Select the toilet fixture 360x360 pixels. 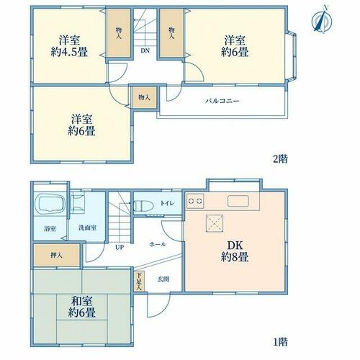pos(143,206)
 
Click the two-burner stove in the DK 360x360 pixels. pos(195,201)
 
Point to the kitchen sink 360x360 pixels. pos(238,201)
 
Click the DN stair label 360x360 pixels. pos(145,50)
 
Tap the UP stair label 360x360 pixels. pos(120,247)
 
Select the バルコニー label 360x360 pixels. pos(222,101)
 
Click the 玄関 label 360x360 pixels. pos(163,279)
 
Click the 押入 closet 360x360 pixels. pos(57,255)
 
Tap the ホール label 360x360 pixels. pos(158,244)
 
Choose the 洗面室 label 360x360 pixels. pos(88,228)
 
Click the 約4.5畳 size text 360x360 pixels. pos(69,52)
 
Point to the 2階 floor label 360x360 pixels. pos(280,158)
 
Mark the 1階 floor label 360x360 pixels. pos(280,342)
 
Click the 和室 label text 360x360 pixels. pos(82,301)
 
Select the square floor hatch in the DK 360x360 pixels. pos(215,223)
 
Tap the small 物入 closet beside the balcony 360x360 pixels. pos(145,97)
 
